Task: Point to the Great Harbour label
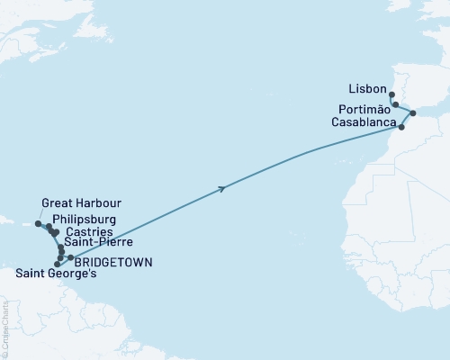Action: coord(81,203)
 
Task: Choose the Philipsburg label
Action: coord(83,219)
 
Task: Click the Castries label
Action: coord(88,231)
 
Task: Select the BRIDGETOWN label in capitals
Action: coord(113,262)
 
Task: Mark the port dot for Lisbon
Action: coord(391,94)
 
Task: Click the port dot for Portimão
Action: coord(395,104)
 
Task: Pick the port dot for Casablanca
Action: coord(401,127)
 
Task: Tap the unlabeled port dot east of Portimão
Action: coord(413,113)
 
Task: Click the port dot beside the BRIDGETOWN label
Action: coord(70,258)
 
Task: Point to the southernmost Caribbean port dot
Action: coord(58,265)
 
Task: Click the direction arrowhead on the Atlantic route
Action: coord(221,188)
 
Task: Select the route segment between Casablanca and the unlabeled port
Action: coord(408,120)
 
